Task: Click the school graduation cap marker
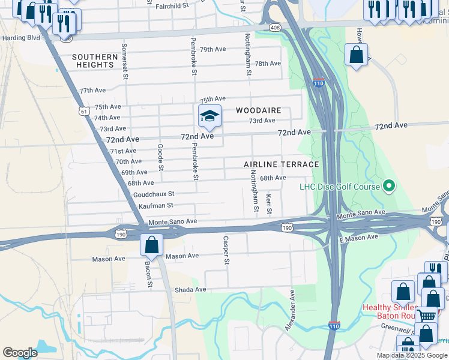coord(210,116)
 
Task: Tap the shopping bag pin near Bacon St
coord(152,245)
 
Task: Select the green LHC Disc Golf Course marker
coord(389,187)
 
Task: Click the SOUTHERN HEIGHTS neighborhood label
coord(95,61)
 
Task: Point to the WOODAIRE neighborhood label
coord(259,110)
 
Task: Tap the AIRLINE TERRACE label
coord(281,164)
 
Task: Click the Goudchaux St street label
coord(154,194)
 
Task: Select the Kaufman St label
coord(155,206)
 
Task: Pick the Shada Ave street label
coord(191,289)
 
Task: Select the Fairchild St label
coord(176,6)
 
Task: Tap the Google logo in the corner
coord(20,352)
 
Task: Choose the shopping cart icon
coord(427,315)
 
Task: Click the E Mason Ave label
coord(358,238)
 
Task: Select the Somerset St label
coord(125,61)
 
